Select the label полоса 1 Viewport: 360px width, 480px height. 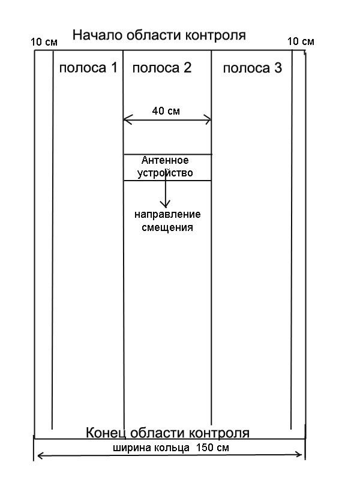(x=88, y=68)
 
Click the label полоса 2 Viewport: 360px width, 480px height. (x=162, y=68)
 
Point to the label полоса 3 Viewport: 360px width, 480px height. (x=252, y=68)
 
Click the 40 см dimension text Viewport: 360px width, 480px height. (x=166, y=111)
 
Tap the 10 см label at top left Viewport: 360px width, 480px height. (x=43, y=43)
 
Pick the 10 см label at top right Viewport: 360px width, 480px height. (x=301, y=41)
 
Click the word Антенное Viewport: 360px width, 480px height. (x=165, y=161)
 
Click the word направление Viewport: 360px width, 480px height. (x=167, y=215)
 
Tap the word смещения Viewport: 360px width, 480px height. (x=167, y=227)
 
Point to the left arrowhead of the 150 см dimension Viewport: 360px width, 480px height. (x=37, y=456)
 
